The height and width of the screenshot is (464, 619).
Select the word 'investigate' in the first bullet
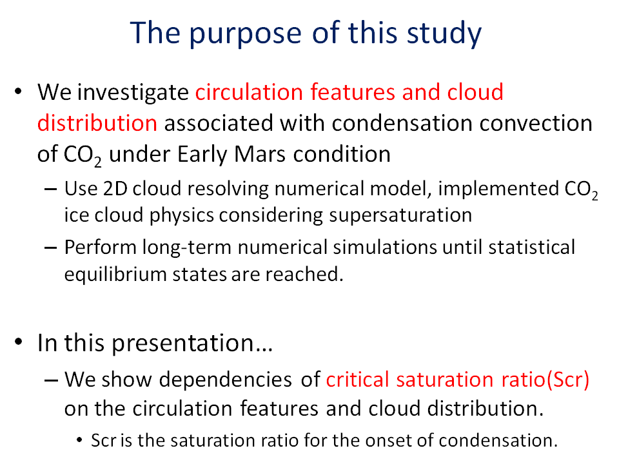click(x=133, y=93)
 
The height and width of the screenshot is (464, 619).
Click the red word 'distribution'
click(x=97, y=123)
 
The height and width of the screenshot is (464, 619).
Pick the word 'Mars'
click(x=259, y=154)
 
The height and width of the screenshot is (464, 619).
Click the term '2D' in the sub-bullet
click(x=115, y=189)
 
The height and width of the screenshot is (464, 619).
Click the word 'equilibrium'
click(x=115, y=275)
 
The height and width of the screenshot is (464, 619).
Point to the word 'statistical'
click(x=531, y=247)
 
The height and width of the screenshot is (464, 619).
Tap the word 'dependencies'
click(x=226, y=380)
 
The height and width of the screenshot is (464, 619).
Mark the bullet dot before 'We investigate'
click(x=18, y=92)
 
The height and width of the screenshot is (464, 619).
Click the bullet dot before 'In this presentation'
click(x=18, y=342)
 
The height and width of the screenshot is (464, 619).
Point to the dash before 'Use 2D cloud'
click(x=50, y=189)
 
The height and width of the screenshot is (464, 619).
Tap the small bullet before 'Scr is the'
click(x=80, y=440)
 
